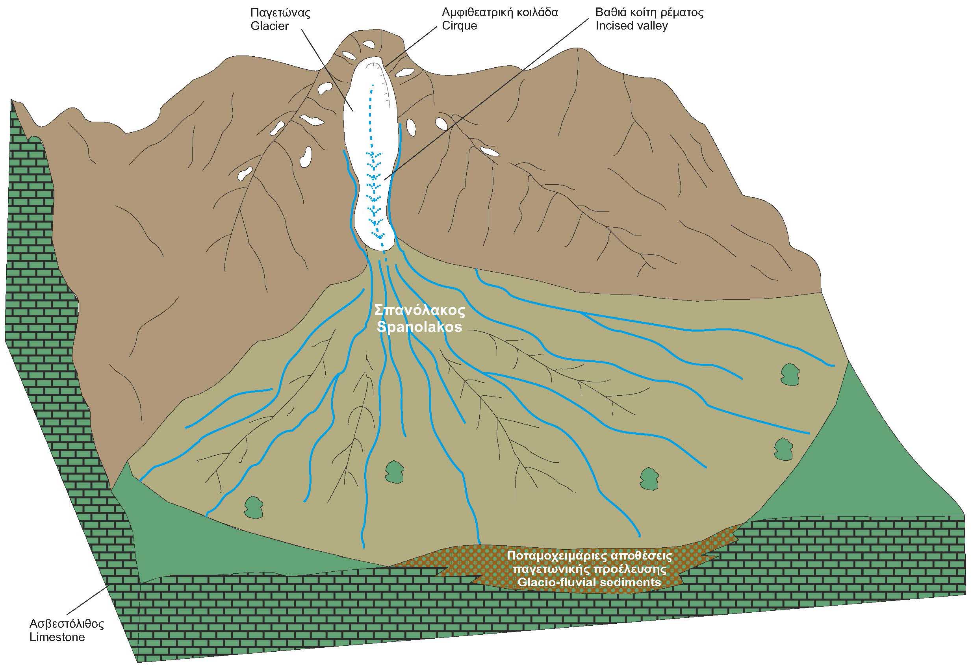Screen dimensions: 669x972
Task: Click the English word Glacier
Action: point(269,26)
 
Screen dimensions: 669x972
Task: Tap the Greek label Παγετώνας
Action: point(280,13)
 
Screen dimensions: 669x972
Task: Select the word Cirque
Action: point(459,26)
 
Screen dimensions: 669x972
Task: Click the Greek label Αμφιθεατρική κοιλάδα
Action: point(500,13)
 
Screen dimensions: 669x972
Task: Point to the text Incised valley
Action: point(631,26)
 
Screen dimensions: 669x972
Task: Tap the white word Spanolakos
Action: point(419,327)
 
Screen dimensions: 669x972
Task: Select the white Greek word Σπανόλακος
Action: point(419,311)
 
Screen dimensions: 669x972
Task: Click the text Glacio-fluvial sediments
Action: point(589,582)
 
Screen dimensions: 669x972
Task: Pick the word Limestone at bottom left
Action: point(57,637)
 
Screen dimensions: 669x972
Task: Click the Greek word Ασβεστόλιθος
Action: point(67,624)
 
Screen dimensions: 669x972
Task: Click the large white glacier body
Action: point(369,126)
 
